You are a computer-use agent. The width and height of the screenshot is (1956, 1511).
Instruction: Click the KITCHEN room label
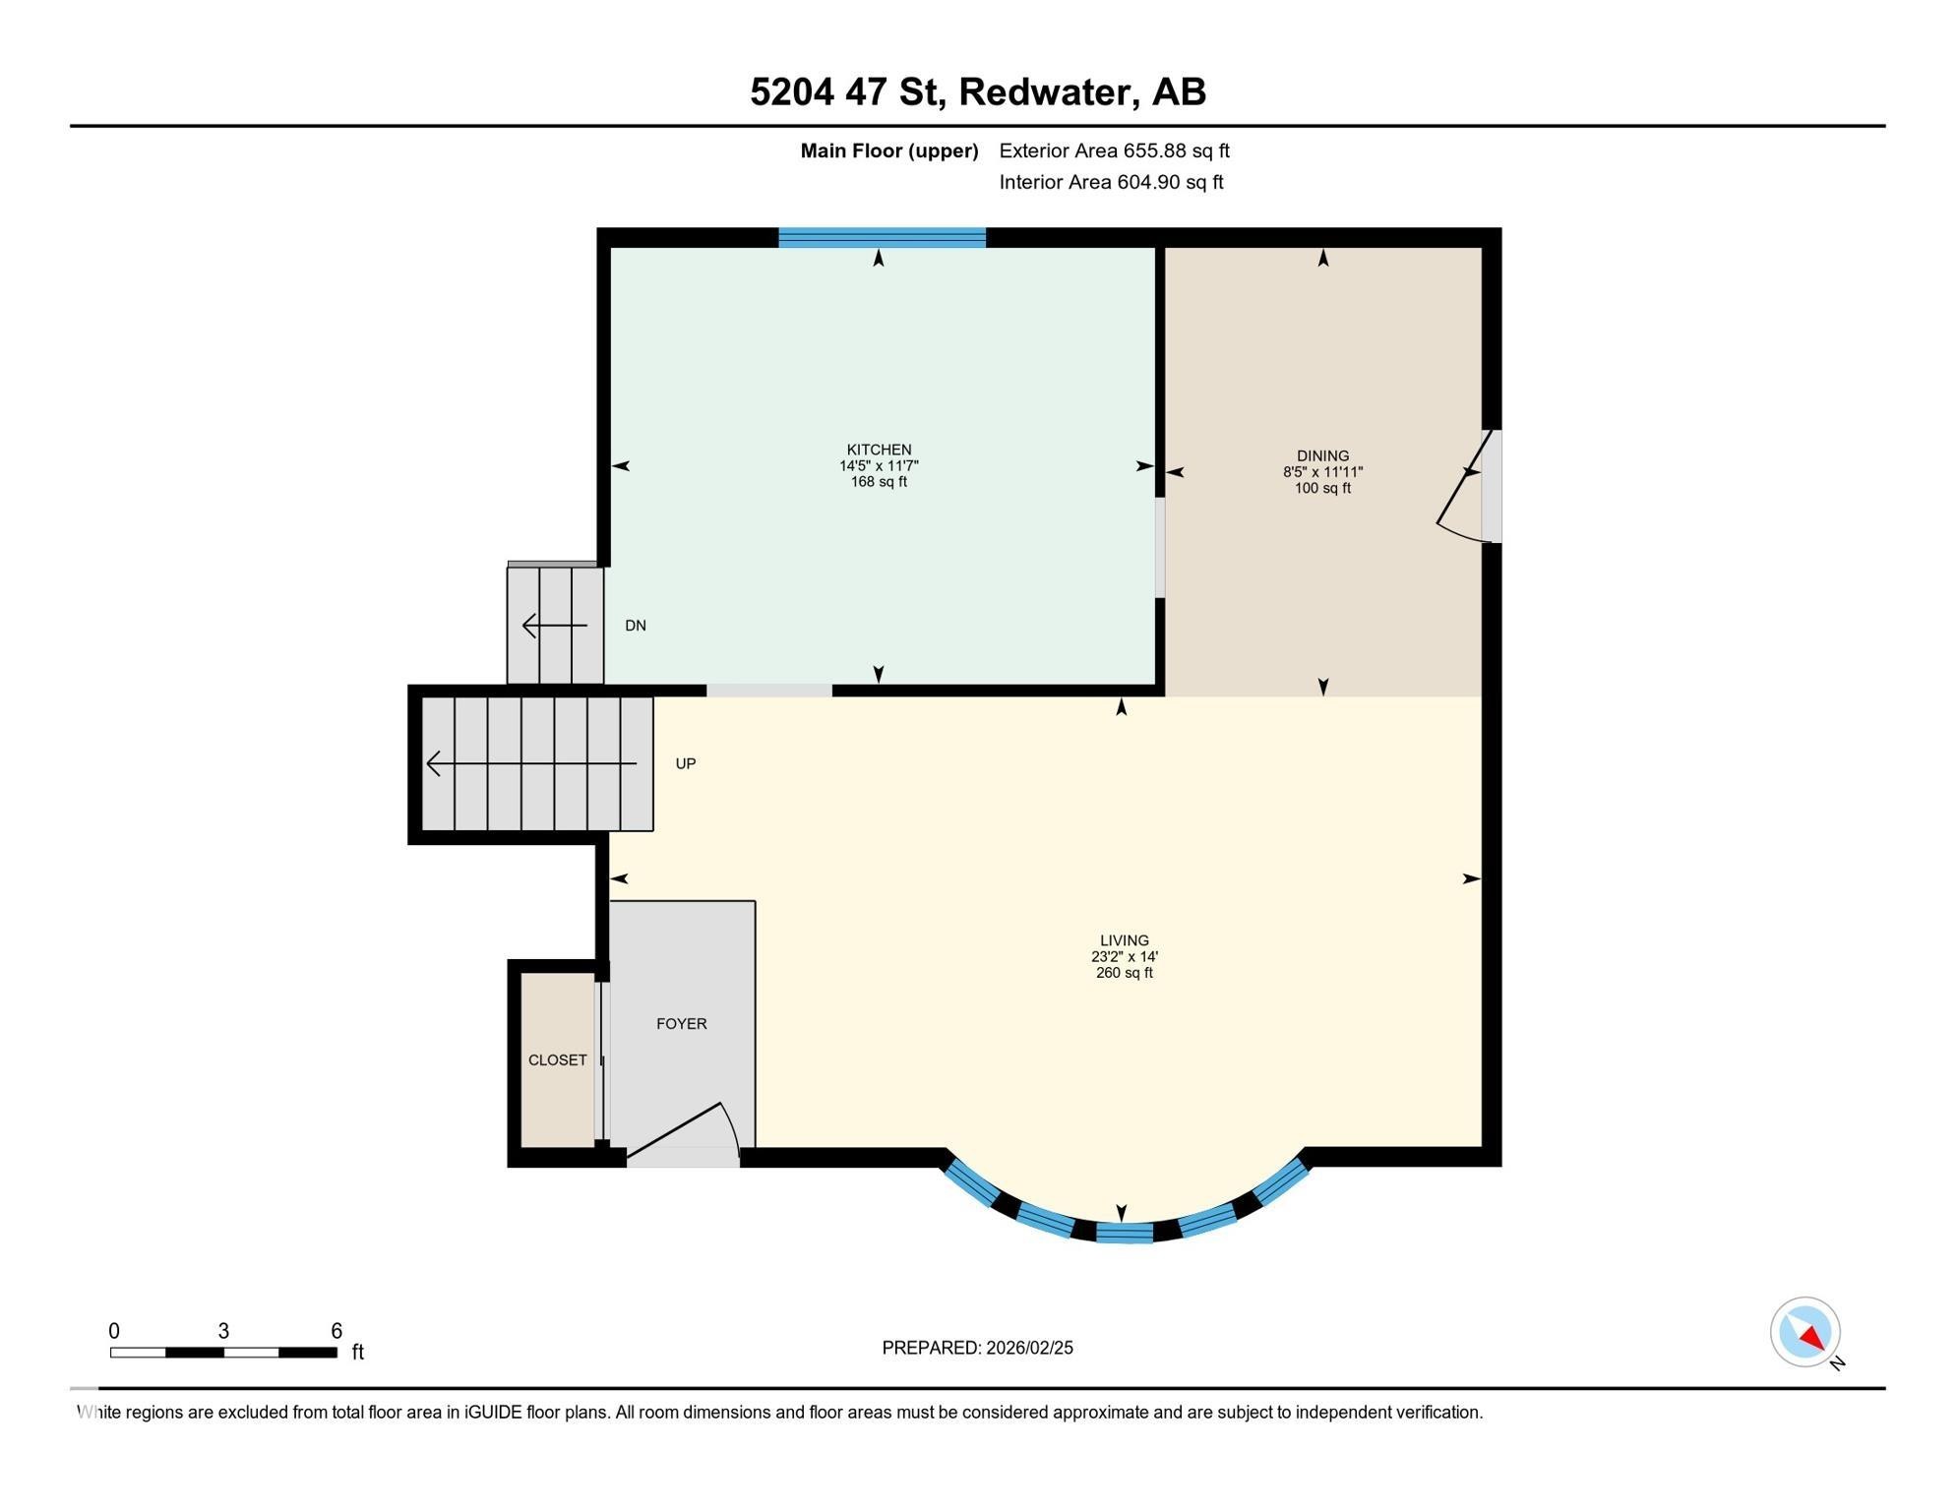pos(879,450)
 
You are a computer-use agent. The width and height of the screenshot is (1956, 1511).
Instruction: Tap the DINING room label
pos(1322,455)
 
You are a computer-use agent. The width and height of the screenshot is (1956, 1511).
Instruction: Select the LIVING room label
pos(1124,940)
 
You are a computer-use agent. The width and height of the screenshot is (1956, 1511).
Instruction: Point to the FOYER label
pos(681,1024)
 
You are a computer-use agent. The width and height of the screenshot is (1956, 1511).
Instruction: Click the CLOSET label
pos(557,1060)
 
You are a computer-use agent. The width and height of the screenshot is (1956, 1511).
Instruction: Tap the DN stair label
pos(635,626)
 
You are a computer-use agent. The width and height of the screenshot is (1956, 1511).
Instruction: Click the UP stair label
pos(685,763)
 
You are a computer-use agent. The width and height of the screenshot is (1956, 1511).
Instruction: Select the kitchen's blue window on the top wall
pos(882,237)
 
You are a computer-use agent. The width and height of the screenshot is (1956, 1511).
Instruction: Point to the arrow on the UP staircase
pos(531,763)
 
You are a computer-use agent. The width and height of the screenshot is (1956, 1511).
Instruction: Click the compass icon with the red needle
pos(1805,1332)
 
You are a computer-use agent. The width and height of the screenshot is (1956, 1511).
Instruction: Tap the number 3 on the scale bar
pos(223,1331)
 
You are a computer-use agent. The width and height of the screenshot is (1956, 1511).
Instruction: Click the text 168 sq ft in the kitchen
pos(879,482)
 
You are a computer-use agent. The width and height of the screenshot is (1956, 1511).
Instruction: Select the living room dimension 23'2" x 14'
pos(1124,957)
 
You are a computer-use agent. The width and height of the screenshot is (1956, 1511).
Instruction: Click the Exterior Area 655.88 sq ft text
pos(1114,151)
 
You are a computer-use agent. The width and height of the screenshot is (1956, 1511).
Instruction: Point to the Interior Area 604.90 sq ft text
pos(1111,182)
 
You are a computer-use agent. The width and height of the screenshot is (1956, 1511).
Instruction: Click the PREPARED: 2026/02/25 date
pos(977,1348)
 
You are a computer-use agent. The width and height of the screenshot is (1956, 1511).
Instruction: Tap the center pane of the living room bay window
pos(1124,1233)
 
